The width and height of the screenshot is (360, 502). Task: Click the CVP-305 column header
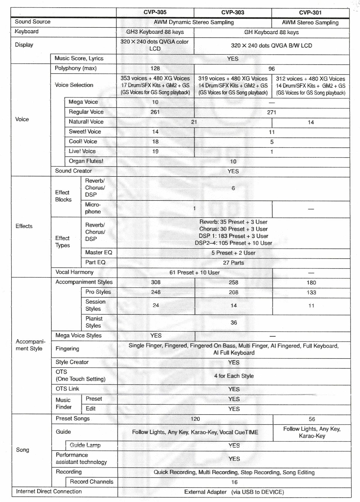tap(155, 12)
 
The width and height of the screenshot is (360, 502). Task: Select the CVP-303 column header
tap(232, 12)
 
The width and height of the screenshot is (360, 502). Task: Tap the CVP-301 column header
tap(310, 13)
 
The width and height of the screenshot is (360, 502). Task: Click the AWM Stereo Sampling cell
tap(310, 22)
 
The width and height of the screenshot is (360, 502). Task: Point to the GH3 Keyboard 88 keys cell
tap(155, 32)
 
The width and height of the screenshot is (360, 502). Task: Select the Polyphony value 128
tap(155, 68)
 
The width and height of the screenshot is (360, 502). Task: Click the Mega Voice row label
tap(83, 102)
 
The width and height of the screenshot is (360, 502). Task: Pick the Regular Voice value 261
tap(155, 112)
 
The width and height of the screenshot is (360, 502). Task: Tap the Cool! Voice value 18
tap(155, 142)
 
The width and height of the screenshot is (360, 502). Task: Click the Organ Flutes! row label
tap(86, 161)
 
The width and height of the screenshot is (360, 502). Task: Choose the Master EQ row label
tap(98, 252)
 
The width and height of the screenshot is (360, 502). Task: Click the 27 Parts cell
tap(233, 263)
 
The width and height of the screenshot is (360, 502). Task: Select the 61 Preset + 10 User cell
tap(194, 273)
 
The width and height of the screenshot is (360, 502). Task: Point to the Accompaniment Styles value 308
tap(156, 282)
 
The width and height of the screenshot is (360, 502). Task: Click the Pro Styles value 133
tap(311, 292)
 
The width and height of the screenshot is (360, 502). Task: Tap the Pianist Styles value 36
tap(234, 323)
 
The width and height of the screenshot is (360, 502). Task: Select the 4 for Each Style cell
tap(234, 376)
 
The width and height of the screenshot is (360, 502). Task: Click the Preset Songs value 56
tap(312, 419)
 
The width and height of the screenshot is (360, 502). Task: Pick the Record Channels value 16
tap(234, 482)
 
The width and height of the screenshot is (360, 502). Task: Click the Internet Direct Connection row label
tap(49, 492)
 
